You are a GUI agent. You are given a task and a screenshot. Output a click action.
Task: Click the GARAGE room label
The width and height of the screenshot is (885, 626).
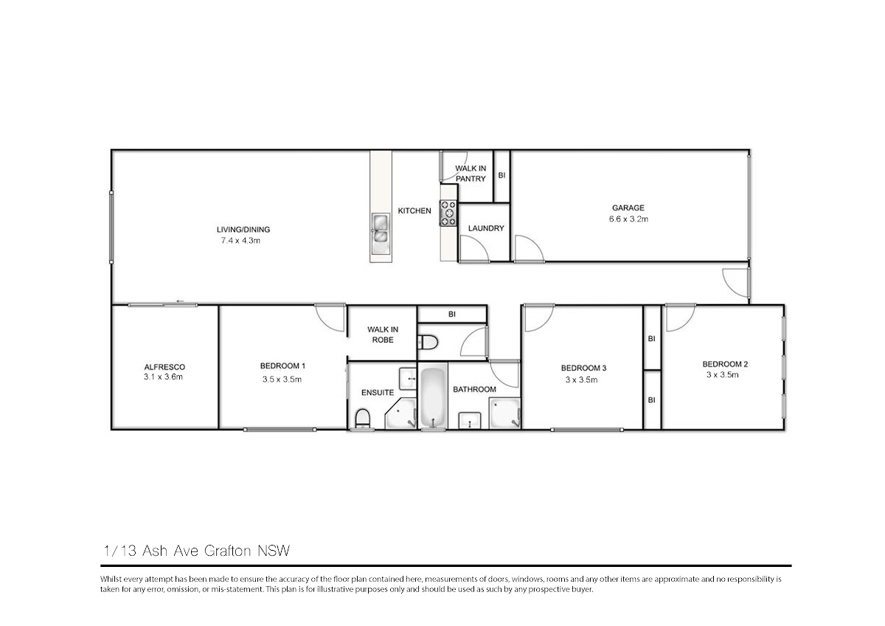click(x=628, y=207)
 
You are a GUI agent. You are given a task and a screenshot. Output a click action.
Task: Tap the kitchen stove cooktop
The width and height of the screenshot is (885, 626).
click(x=448, y=213)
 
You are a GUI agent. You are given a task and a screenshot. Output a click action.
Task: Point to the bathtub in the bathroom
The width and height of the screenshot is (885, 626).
click(x=433, y=396)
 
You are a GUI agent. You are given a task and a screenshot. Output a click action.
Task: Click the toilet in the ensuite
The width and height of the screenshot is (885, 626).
click(x=362, y=419)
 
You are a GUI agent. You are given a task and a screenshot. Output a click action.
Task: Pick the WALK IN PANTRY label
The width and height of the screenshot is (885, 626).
click(x=471, y=173)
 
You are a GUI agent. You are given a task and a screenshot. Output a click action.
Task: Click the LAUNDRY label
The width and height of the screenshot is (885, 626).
click(x=486, y=228)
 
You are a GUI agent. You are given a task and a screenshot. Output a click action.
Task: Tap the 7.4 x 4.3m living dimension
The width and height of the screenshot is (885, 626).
click(x=240, y=241)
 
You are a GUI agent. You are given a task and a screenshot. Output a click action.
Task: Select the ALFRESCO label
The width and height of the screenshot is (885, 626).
click(x=164, y=367)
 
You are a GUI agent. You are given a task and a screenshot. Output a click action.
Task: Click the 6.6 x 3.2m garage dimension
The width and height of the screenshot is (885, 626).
click(x=628, y=219)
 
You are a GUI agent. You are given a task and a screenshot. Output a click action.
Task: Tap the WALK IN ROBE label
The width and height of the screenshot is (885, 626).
click(x=383, y=334)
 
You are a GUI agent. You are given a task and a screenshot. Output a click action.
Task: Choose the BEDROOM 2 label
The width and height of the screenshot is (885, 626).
click(x=725, y=364)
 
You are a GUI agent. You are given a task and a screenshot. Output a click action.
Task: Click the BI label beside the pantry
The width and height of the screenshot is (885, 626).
click(x=502, y=175)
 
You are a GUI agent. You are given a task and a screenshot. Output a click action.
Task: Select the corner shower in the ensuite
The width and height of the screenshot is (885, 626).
click(x=401, y=413)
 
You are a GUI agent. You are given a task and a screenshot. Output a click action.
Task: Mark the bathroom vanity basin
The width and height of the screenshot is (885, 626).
click(x=470, y=421)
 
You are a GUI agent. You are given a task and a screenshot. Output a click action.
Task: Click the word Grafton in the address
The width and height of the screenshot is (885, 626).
click(x=228, y=551)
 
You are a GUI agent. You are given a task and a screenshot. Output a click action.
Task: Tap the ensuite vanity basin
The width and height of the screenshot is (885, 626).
click(x=407, y=379)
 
